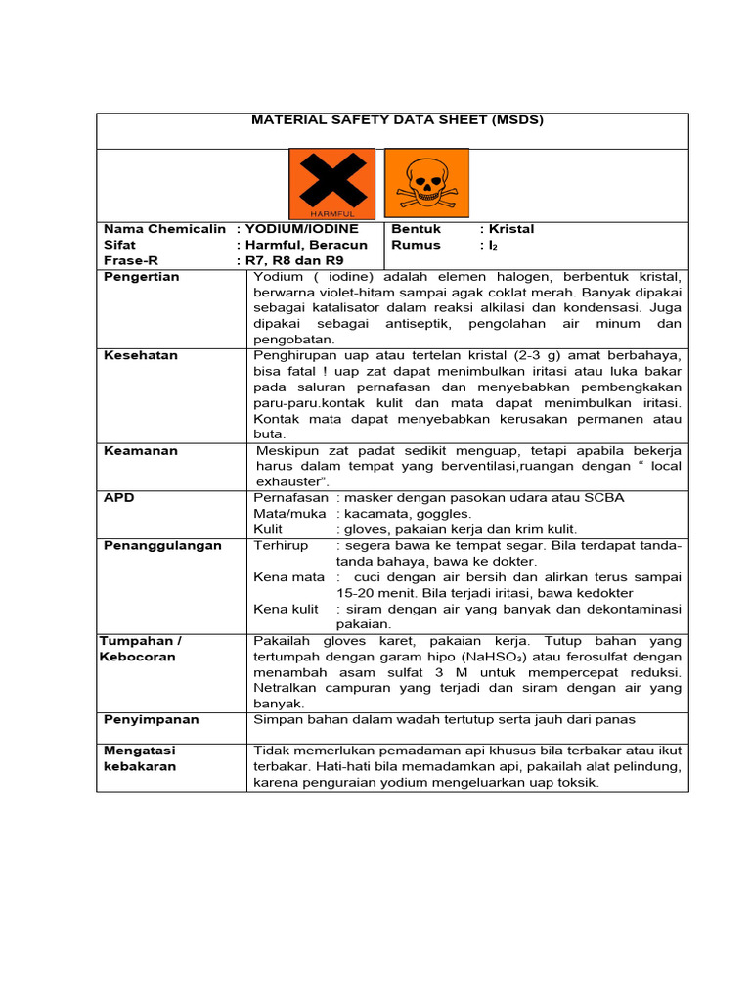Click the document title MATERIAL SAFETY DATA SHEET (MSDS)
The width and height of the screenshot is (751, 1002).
[396, 120]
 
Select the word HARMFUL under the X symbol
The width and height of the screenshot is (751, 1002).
[331, 212]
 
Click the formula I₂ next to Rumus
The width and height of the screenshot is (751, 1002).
[495, 246]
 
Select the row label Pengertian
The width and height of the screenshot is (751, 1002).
[142, 277]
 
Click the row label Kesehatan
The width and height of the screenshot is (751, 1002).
[141, 355]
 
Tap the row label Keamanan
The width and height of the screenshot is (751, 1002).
[140, 451]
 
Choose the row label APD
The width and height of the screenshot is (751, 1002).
[119, 498]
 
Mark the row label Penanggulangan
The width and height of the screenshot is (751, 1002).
[162, 545]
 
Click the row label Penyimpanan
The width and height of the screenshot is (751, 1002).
[151, 719]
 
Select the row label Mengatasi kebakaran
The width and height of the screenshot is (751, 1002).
[140, 758]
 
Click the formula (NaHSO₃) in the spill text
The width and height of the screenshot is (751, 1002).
[459, 657]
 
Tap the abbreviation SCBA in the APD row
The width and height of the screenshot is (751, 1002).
[605, 498]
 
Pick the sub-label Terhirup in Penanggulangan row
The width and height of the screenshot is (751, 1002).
[281, 545]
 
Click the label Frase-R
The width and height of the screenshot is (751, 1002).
[130, 261]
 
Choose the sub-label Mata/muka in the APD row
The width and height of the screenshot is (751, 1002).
[291, 514]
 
